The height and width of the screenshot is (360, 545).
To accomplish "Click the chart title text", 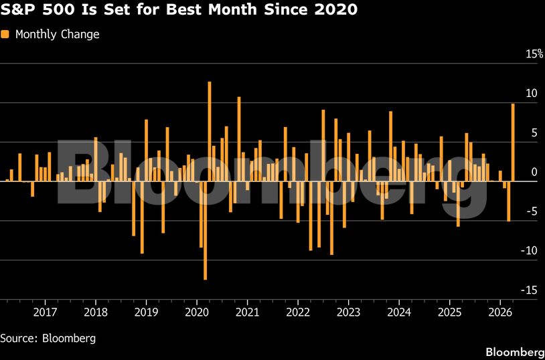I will click(x=179, y=11).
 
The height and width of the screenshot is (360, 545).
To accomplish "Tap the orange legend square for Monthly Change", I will click(x=6, y=34).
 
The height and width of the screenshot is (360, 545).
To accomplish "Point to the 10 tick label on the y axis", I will click(x=531, y=94).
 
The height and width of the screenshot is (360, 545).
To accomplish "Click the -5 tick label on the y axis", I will click(x=531, y=211).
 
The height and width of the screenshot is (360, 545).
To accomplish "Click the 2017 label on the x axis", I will click(x=45, y=312).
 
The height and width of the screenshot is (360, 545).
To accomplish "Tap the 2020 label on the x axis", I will click(x=197, y=312).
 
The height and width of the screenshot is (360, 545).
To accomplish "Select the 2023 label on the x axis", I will click(x=349, y=312).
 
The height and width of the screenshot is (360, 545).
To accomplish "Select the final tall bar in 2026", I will click(x=513, y=142).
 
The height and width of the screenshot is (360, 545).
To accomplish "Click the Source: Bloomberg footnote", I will click(x=48, y=338).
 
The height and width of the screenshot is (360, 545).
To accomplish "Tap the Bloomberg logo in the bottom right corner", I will click(x=514, y=352).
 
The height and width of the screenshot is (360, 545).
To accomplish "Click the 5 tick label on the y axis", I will click(x=534, y=133).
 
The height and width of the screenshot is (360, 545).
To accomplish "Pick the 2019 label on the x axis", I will click(x=146, y=312).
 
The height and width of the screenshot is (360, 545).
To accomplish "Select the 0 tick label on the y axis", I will click(x=534, y=173).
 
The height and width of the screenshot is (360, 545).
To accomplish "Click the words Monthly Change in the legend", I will click(x=57, y=34).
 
